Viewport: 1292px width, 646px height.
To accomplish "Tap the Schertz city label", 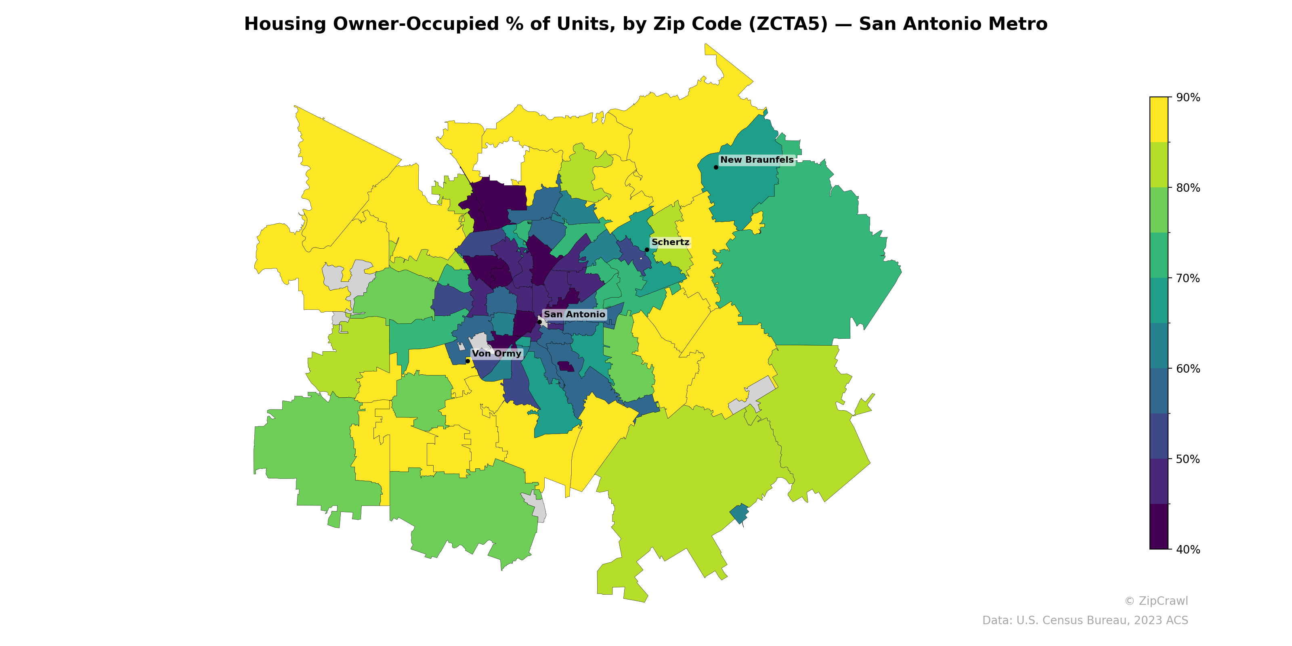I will click(670, 242).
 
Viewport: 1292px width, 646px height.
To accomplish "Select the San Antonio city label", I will click(574, 315).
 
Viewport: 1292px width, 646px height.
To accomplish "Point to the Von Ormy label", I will click(497, 354).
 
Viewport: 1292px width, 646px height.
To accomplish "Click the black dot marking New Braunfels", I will click(716, 167).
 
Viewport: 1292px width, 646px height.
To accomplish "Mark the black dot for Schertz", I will click(647, 250).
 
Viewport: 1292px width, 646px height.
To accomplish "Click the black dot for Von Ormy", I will click(468, 361).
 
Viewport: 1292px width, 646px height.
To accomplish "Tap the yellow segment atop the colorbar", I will click(1159, 120).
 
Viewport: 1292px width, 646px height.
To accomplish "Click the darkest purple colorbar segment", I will click(1159, 526).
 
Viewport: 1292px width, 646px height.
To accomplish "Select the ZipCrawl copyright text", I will click(1156, 601).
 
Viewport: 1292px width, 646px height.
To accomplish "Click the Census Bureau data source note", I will click(1085, 621).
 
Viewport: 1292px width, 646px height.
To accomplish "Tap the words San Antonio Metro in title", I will click(953, 24).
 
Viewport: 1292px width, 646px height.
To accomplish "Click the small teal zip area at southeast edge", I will click(739, 514).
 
